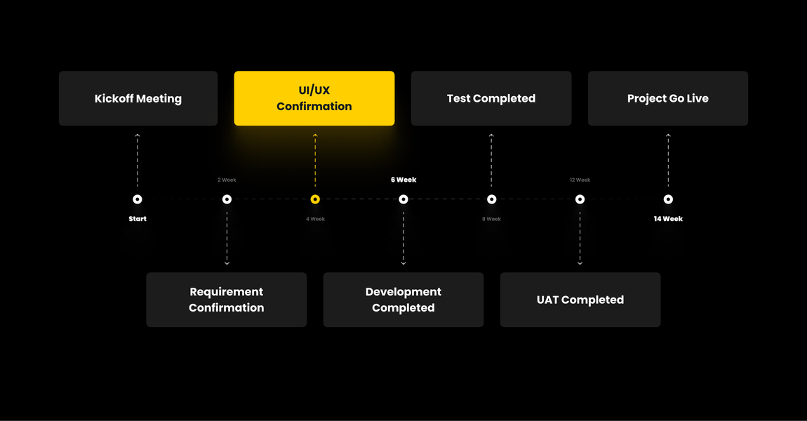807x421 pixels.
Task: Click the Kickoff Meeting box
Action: coord(138,98)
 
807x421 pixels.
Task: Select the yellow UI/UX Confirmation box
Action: coord(314,98)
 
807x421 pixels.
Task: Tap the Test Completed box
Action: coord(491,98)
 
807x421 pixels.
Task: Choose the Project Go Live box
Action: coord(668,98)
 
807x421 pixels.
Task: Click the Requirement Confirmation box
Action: coord(227,300)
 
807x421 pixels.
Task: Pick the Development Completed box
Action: coord(403,300)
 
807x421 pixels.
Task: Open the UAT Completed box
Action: coord(580,300)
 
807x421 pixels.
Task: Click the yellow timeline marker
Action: coord(315,199)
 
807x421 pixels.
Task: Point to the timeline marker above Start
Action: coord(138,199)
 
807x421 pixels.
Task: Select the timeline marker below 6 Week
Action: coord(403,199)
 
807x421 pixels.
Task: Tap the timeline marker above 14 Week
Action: coord(668,199)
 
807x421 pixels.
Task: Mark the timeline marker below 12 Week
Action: coord(580,199)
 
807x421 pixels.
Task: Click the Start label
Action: coord(138,219)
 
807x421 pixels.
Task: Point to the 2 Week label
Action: coord(227,180)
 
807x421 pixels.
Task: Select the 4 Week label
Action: coord(315,219)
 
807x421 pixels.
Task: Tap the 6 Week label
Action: coord(403,180)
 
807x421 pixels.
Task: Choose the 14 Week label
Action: coord(668,219)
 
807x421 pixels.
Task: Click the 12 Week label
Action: coord(580,180)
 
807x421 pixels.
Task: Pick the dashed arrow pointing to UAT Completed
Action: coord(580,239)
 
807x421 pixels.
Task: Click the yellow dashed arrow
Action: coord(315,161)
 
